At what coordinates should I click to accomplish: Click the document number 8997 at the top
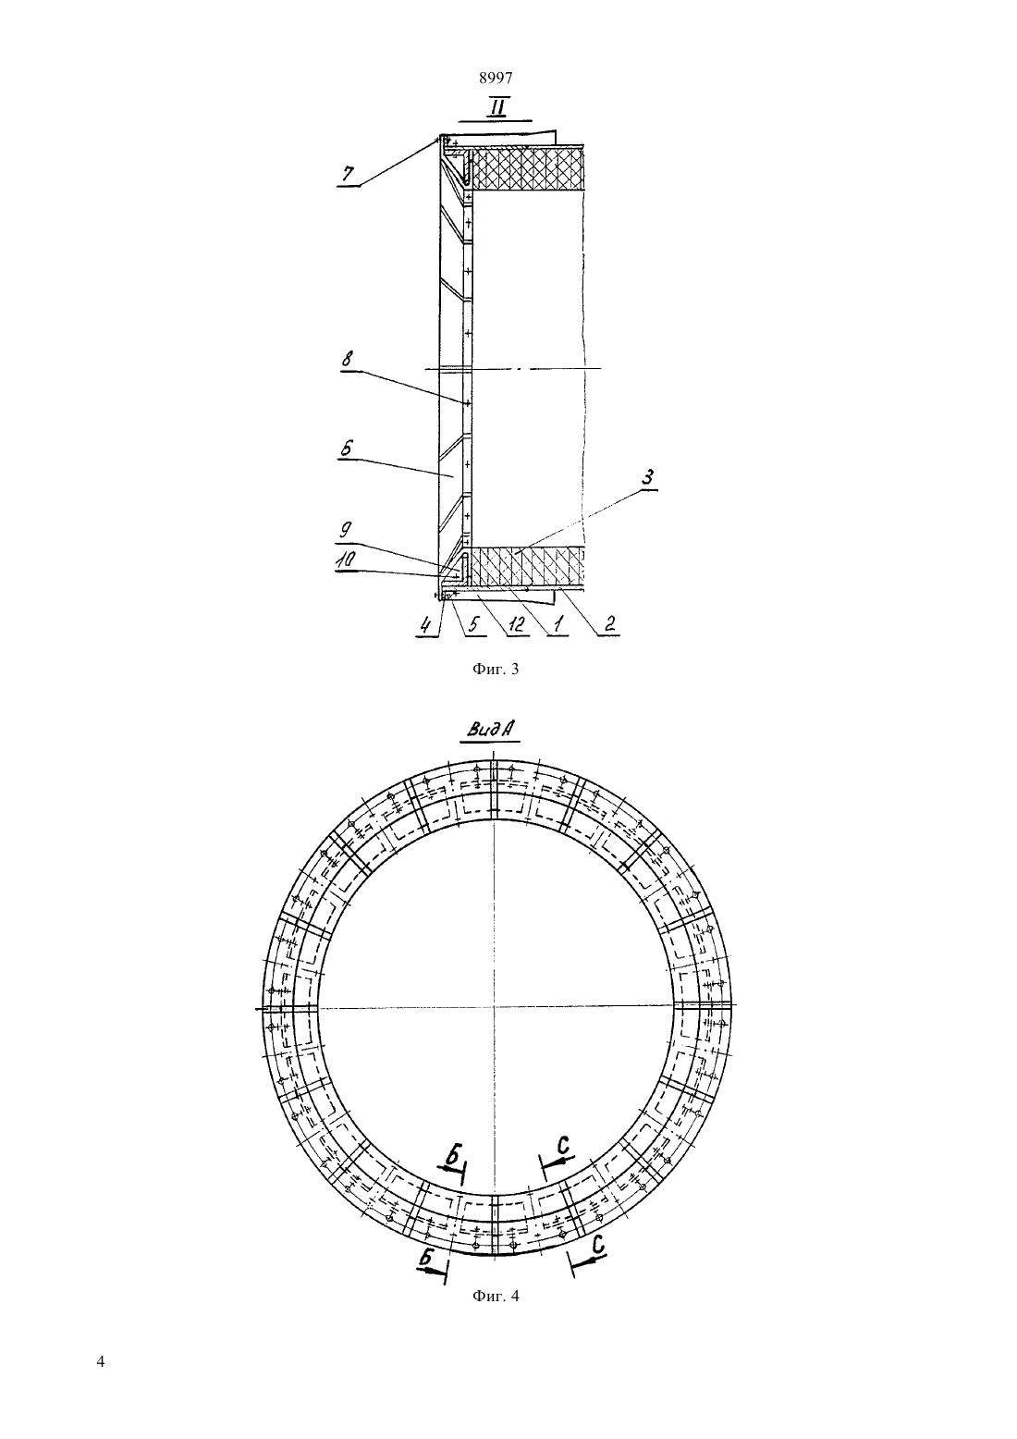496,78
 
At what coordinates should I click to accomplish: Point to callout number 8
348,359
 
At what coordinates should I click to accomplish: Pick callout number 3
648,477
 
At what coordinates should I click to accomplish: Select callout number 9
346,531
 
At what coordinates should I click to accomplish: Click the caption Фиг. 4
495,1296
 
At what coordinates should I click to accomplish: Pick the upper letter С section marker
562,1145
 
